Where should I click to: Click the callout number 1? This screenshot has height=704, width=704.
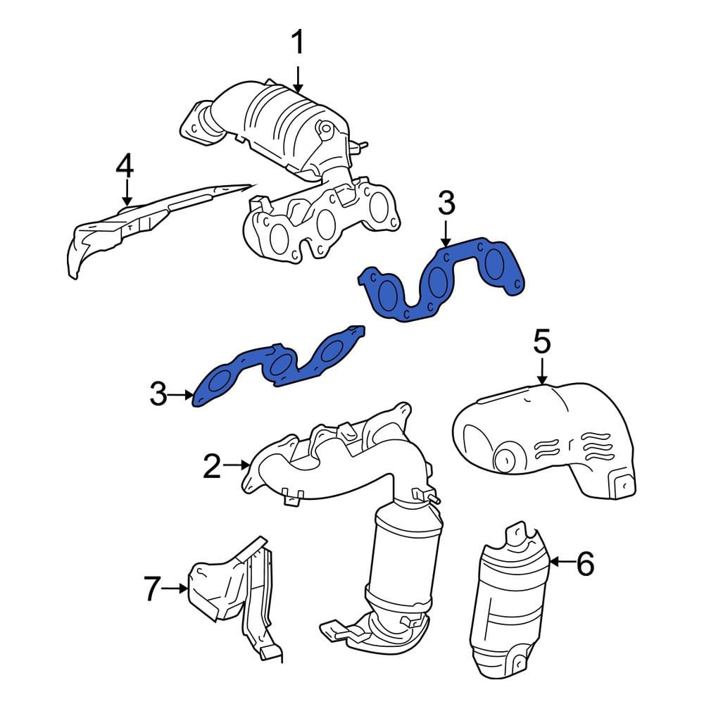[298, 42]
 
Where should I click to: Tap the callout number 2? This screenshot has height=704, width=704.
[212, 466]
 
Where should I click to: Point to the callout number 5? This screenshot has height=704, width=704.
[542, 341]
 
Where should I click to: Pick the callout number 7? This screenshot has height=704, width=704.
[152, 589]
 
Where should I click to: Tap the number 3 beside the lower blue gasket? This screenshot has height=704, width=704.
[158, 394]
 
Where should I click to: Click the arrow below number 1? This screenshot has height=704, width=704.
[298, 80]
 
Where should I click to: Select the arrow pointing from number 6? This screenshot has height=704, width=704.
[562, 562]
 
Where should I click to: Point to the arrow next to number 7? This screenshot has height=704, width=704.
[175, 588]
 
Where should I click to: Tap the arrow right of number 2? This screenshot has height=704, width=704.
[236, 465]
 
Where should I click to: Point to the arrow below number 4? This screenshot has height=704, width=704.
[127, 193]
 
